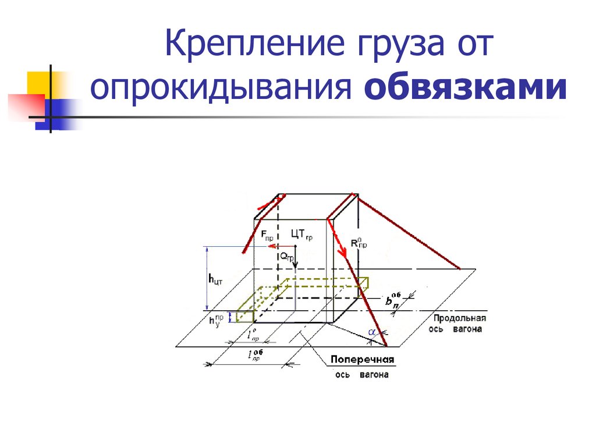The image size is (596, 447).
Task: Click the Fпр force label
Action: [267, 236]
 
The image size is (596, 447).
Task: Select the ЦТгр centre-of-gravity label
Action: [302, 235]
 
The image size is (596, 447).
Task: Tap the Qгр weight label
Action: [286, 256]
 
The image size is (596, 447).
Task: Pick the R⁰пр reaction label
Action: [360, 243]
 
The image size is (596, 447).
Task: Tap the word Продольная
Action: [459, 318]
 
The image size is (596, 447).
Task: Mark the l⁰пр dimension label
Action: [253, 336]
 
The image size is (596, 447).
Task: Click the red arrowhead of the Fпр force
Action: [271, 246]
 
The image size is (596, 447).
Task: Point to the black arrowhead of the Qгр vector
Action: [295, 264]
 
